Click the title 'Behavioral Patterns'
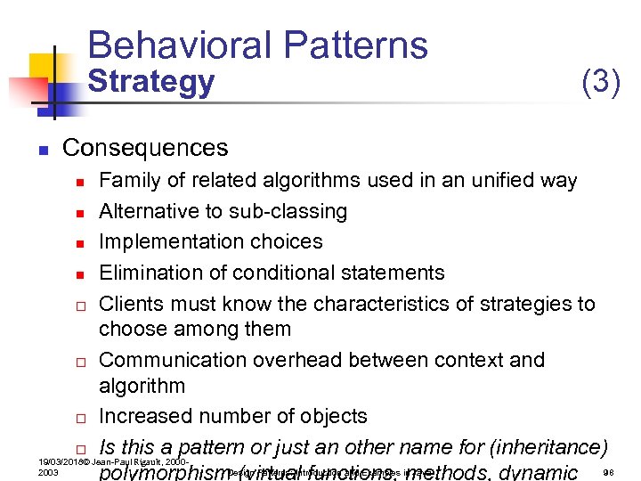click(x=258, y=45)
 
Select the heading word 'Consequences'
click(x=145, y=147)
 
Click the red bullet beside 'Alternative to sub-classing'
click(x=79, y=213)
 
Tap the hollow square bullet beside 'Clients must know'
click(x=79, y=305)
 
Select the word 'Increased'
click(x=142, y=416)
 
